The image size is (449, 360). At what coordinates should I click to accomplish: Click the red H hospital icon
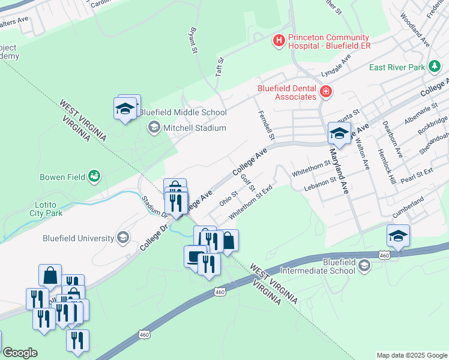pyautogui.click(x=279, y=40)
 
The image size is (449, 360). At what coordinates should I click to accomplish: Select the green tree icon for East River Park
pyautogui.click(x=434, y=67)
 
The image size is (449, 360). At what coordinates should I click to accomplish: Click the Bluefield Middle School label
pyautogui.click(x=183, y=112)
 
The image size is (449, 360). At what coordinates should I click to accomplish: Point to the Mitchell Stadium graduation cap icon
pyautogui.click(x=154, y=127)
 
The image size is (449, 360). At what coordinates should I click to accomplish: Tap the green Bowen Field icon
pyautogui.click(x=94, y=176)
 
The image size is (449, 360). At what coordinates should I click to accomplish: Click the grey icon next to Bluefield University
pyautogui.click(x=123, y=237)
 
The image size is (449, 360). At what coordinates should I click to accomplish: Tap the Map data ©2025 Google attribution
pyautogui.click(x=411, y=355)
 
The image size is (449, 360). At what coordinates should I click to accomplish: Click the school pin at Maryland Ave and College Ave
pyautogui.click(x=339, y=134)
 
